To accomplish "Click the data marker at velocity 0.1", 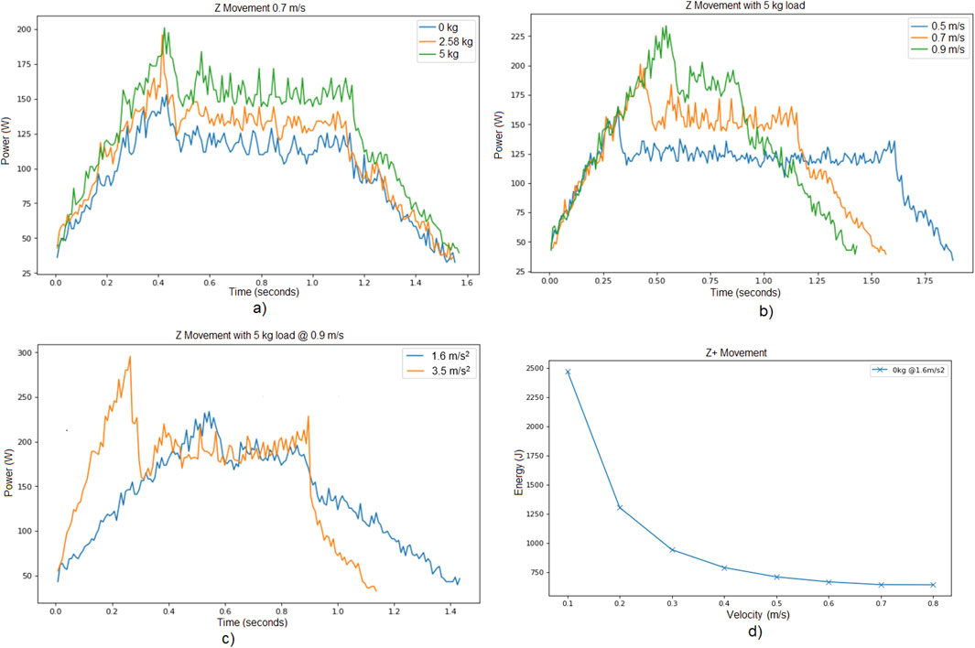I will coord(568,372).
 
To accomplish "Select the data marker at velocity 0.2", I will coord(620,507).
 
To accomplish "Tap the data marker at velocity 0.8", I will coord(933,585).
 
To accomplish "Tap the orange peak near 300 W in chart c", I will coord(130,357).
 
